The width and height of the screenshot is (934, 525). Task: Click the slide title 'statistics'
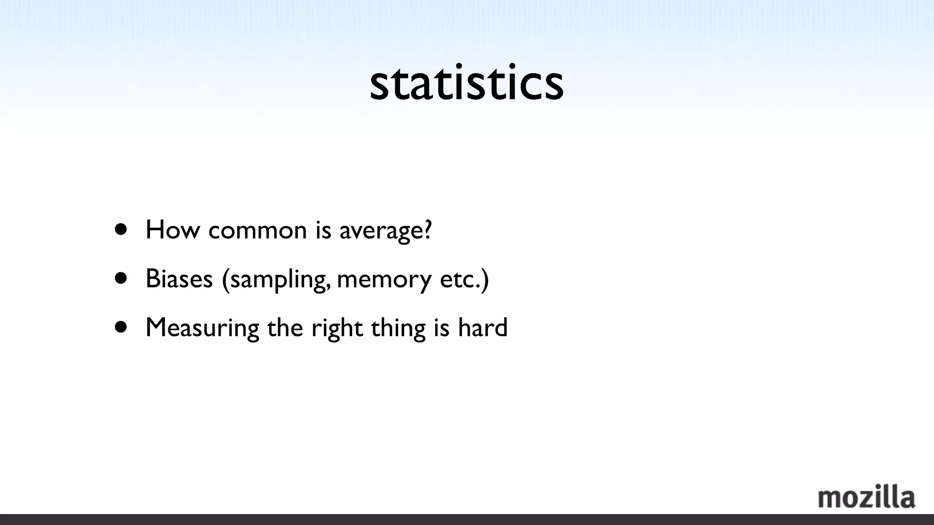467,83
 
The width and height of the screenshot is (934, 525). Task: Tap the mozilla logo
866,497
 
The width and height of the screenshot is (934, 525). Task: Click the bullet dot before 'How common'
121,229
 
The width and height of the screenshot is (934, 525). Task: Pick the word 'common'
257,230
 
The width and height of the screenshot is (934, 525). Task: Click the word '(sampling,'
276,279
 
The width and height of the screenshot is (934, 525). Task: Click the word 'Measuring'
202,328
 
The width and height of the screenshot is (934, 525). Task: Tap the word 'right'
337,328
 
